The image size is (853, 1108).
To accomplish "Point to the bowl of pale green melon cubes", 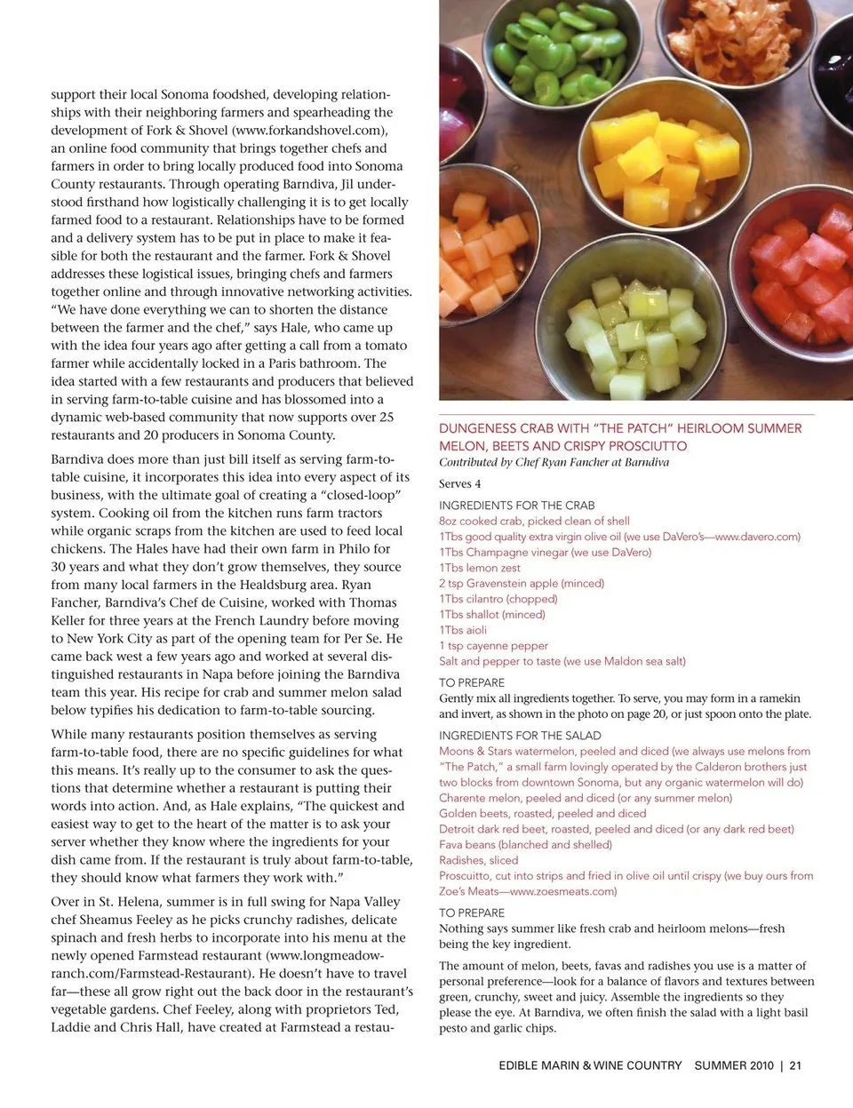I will (626, 333).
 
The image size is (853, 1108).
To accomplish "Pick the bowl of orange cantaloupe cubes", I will (480, 249).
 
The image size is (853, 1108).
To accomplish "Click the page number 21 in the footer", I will (795, 1065).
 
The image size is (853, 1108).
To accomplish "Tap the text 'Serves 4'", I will (460, 484).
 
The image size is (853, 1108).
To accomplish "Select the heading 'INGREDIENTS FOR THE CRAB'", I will (517, 506).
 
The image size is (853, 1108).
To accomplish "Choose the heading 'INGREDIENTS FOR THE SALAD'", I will (520, 736).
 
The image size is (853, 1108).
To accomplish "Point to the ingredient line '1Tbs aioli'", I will (463, 630).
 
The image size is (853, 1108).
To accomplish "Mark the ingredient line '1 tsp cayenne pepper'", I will (493, 646).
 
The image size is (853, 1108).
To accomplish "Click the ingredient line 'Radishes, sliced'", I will (478, 860).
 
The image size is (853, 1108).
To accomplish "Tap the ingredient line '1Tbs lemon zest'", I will (480, 568).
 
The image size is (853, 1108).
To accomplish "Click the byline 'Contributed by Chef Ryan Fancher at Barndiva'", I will (554, 463).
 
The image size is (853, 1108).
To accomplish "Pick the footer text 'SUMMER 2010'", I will (734, 1065).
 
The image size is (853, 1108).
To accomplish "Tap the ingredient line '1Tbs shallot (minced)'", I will (492, 615).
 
